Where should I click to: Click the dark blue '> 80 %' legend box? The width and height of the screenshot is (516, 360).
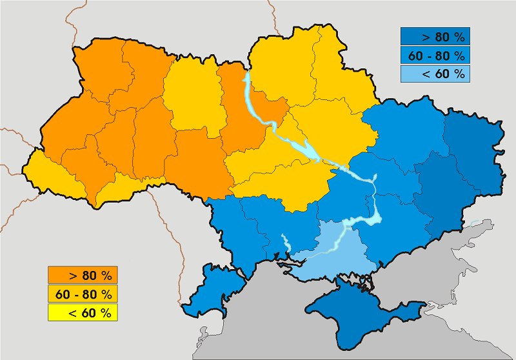pyautogui.click(x=434, y=35)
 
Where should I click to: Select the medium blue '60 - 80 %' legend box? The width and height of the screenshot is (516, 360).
pyautogui.click(x=434, y=55)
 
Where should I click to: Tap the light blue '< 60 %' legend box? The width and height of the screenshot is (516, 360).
pyautogui.click(x=434, y=74)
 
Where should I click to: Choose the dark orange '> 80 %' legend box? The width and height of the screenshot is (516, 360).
pyautogui.click(x=82, y=275)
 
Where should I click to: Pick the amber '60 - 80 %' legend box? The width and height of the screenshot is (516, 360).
pyautogui.click(x=82, y=294)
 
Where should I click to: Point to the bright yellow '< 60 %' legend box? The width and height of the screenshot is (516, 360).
pyautogui.click(x=82, y=313)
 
